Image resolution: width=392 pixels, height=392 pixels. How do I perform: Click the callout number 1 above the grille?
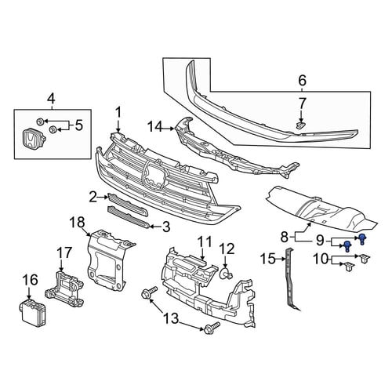click(x=118, y=113)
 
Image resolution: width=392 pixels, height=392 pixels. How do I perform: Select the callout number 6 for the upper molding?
click(x=302, y=81)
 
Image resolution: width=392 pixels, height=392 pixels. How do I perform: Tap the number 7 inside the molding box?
click(x=302, y=104)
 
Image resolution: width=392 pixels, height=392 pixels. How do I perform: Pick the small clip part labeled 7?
click(x=301, y=125)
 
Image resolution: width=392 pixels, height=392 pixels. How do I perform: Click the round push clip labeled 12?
click(x=227, y=274)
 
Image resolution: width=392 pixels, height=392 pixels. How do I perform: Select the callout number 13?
click(x=171, y=318)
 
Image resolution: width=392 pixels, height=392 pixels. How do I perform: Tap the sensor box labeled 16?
click(x=32, y=314)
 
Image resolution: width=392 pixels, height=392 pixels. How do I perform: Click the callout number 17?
click(x=64, y=252)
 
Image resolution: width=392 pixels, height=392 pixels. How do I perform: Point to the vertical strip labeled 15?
click(x=292, y=280)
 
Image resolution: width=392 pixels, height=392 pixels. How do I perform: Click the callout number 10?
click(x=321, y=259)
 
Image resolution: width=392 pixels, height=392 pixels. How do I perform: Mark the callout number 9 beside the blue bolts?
click(x=320, y=240)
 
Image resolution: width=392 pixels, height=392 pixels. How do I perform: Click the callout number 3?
click(x=166, y=227)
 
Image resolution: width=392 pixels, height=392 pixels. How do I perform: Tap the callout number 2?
click(x=93, y=198)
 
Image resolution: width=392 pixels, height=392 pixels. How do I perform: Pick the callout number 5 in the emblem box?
click(x=78, y=125)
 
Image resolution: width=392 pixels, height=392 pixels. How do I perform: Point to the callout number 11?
click(x=205, y=242)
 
